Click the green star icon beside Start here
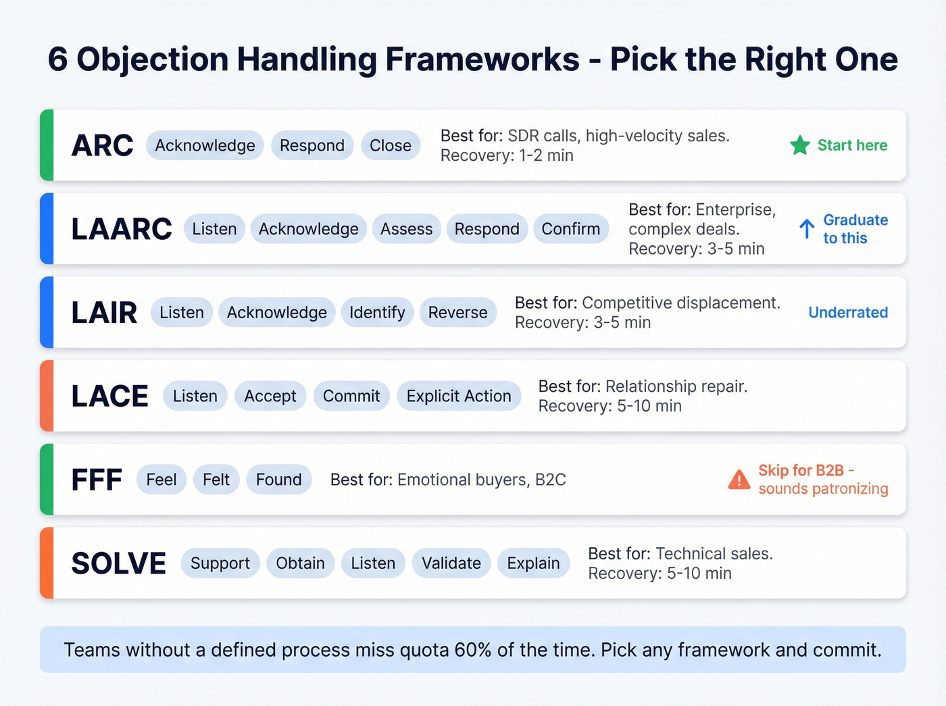800,145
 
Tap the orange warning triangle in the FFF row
739,480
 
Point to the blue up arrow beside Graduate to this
807,229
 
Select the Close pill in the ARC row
391,145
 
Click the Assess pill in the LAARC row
406,229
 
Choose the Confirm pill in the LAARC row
570,229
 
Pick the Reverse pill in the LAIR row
457,313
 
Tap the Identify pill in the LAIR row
377,313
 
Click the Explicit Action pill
459,396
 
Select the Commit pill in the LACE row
351,396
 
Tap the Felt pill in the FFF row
216,480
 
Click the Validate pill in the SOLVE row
451,563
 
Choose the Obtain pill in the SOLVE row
300,563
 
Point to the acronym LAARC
122,229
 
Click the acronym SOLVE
118,563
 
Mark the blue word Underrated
848,313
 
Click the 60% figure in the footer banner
473,650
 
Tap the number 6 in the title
57,59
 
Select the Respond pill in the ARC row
312,145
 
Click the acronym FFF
97,480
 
